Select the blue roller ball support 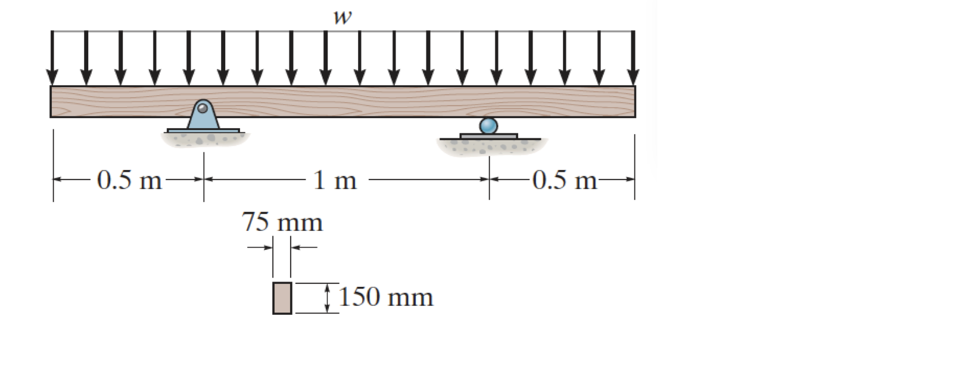tap(488, 125)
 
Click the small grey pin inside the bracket tap(203, 108)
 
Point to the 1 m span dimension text tap(335, 180)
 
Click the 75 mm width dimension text tap(282, 222)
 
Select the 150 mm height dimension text tap(385, 297)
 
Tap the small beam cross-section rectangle tap(282, 298)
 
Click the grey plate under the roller tap(488, 137)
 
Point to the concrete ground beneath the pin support tap(204, 139)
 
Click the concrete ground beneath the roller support tap(490, 147)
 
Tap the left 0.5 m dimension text tap(129, 180)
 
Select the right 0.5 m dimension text tap(565, 180)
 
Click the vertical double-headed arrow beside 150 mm tap(326, 298)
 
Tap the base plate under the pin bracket tap(203, 131)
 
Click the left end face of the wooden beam tap(52, 101)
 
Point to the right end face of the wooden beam tap(634, 101)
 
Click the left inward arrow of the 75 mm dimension tap(260, 248)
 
